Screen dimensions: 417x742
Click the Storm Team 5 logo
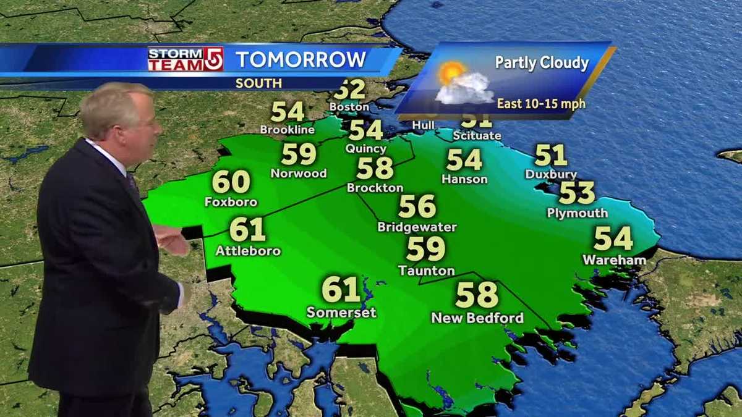(x=185, y=59)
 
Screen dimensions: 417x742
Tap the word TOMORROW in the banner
(x=301, y=60)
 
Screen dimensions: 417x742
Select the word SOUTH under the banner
(x=258, y=83)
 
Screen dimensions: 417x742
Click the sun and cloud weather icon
(x=461, y=82)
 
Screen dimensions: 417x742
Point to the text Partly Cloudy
(x=542, y=63)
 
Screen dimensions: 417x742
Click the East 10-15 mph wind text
(x=541, y=103)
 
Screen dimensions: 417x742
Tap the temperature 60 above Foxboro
(x=231, y=182)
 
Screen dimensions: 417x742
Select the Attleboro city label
(x=248, y=251)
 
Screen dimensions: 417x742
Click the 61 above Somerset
(x=341, y=289)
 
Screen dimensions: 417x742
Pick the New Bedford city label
(x=477, y=318)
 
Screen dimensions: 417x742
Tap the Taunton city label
(x=426, y=271)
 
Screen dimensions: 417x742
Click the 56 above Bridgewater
(x=417, y=206)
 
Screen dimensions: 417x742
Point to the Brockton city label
(x=375, y=188)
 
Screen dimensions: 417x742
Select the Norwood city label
(x=299, y=174)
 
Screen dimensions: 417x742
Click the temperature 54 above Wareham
(x=613, y=238)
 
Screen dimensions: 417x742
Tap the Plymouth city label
(x=577, y=213)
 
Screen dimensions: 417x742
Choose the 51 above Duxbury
(x=550, y=155)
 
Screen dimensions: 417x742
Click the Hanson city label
(x=464, y=179)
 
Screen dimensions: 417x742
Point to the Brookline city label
(x=288, y=130)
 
